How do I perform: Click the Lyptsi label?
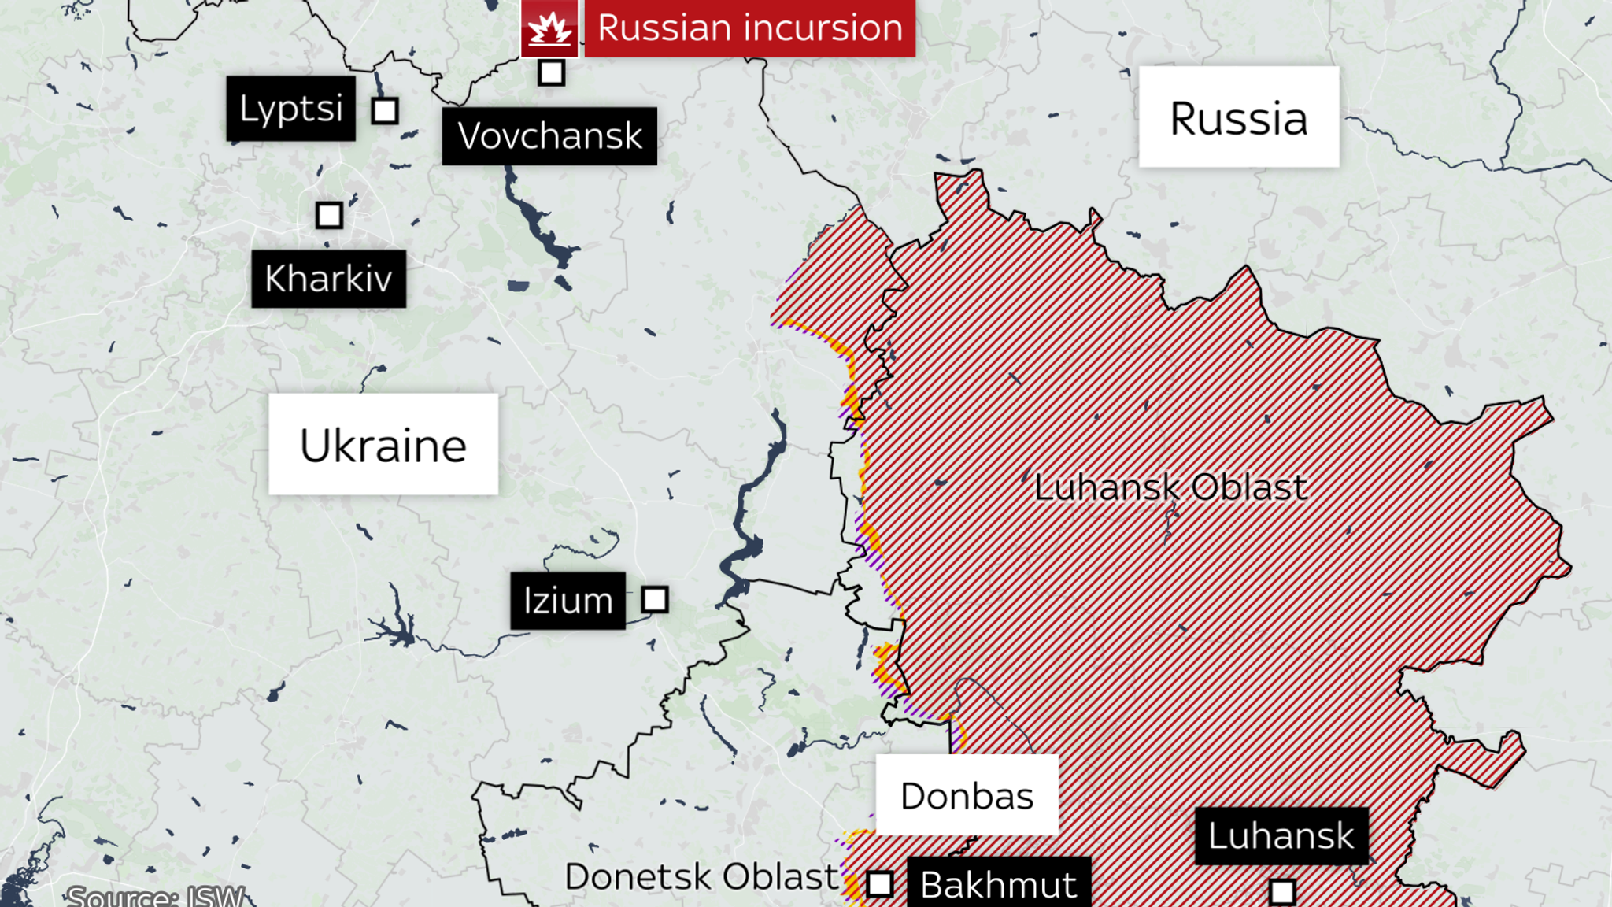[290, 109]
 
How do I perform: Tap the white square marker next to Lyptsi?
[385, 111]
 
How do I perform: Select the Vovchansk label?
[549, 136]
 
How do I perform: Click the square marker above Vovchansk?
[551, 72]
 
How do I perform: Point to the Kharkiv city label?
[328, 279]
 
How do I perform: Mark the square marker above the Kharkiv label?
[329, 215]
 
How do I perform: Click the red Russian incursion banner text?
[749, 28]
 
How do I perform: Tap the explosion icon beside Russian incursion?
[549, 28]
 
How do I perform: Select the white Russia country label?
[1238, 117]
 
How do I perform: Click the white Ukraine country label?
[383, 445]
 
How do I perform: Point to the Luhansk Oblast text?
[1170, 487]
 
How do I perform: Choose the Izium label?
[568, 601]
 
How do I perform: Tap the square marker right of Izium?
[655, 600]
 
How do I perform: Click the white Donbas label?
[967, 795]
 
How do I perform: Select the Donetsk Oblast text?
[701, 876]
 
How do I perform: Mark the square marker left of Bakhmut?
[880, 884]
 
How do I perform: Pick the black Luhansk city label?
[1281, 835]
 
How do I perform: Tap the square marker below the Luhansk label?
[1282, 892]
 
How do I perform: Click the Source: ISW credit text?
[155, 896]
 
